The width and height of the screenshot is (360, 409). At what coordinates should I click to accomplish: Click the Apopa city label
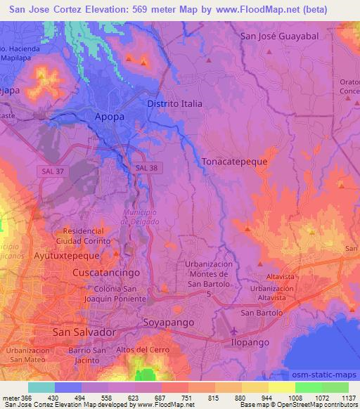110,117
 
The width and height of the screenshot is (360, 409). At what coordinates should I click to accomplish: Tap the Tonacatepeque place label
235,161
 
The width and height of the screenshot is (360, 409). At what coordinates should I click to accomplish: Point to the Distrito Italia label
174,103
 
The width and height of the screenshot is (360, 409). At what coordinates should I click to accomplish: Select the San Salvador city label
83,332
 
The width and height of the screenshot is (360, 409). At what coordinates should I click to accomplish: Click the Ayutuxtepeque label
67,257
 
